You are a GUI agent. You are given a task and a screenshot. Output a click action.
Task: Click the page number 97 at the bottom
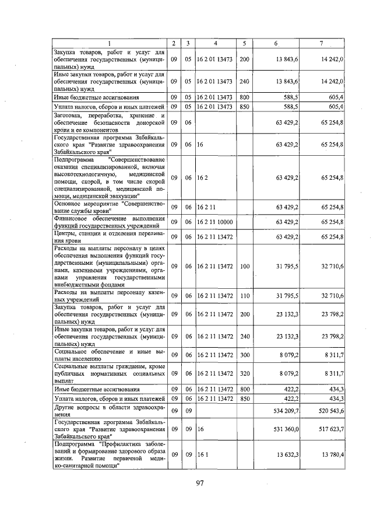click(x=199, y=482)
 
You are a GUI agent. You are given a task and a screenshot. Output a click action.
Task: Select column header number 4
click(x=216, y=43)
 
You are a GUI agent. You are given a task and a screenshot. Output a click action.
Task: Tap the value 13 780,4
click(x=330, y=453)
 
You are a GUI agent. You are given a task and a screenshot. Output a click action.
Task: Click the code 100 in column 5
click(x=244, y=266)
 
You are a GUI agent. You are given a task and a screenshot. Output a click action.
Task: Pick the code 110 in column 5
click(x=244, y=295)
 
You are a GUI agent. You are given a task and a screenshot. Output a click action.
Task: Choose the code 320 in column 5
click(x=244, y=372)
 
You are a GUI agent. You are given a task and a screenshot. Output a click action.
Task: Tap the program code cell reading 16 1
click(x=202, y=453)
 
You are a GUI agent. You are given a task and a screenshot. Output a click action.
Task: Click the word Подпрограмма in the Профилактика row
click(x=72, y=443)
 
